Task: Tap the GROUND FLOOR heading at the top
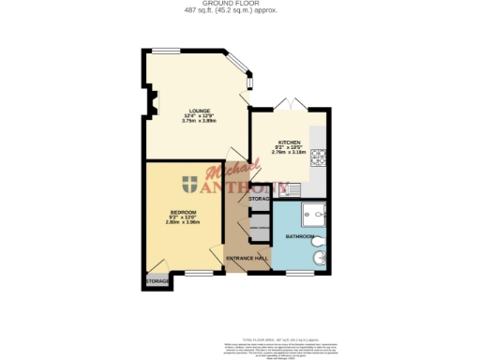tap(240, 4)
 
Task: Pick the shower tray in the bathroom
tap(319, 215)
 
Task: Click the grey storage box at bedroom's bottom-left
tap(157, 280)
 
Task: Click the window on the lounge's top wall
tap(168, 50)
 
